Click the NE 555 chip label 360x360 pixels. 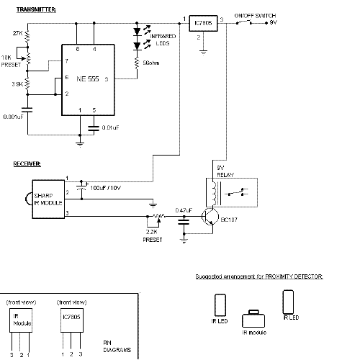(x=88, y=79)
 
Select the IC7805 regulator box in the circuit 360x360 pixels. (x=203, y=23)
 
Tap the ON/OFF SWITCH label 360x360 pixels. (x=255, y=16)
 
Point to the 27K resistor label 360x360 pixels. (x=17, y=33)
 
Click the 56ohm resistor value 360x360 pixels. (x=151, y=63)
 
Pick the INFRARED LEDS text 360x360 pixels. (x=163, y=40)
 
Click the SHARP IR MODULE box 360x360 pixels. (x=48, y=199)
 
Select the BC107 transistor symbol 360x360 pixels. (x=210, y=217)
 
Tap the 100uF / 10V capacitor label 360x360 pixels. (x=106, y=188)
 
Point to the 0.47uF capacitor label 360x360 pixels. (x=184, y=210)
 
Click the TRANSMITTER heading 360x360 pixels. (x=36, y=9)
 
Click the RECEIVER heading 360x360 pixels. (x=27, y=163)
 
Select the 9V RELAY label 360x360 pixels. (x=225, y=171)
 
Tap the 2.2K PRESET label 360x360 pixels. (x=153, y=236)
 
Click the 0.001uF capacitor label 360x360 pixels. (x=14, y=117)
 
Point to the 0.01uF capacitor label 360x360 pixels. (x=110, y=127)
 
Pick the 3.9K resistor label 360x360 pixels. (x=17, y=84)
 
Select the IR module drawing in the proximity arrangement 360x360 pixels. (x=253, y=319)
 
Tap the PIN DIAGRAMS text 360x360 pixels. (x=117, y=346)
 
